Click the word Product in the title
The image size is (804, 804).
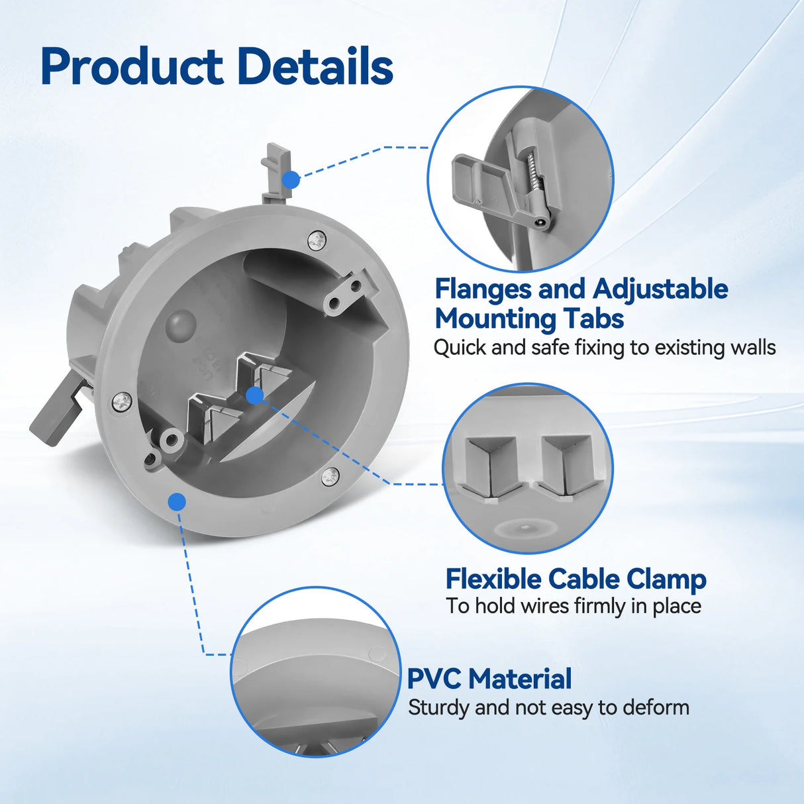click(x=132, y=66)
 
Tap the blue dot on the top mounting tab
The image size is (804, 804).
click(x=290, y=180)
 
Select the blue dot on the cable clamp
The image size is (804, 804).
click(x=254, y=395)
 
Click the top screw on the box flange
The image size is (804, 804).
click(x=317, y=241)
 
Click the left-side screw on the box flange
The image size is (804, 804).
click(x=123, y=402)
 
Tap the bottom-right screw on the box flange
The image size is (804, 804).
click(x=330, y=476)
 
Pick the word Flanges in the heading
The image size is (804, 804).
click(x=483, y=290)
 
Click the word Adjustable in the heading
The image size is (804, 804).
click(x=660, y=290)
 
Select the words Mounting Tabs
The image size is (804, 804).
click(x=529, y=319)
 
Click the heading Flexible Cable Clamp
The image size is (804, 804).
click(x=576, y=579)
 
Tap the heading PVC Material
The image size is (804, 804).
click(x=489, y=678)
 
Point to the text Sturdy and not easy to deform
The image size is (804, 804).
click(x=548, y=707)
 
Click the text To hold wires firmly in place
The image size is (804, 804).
click(x=574, y=606)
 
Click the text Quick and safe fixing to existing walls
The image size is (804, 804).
click(x=605, y=347)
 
